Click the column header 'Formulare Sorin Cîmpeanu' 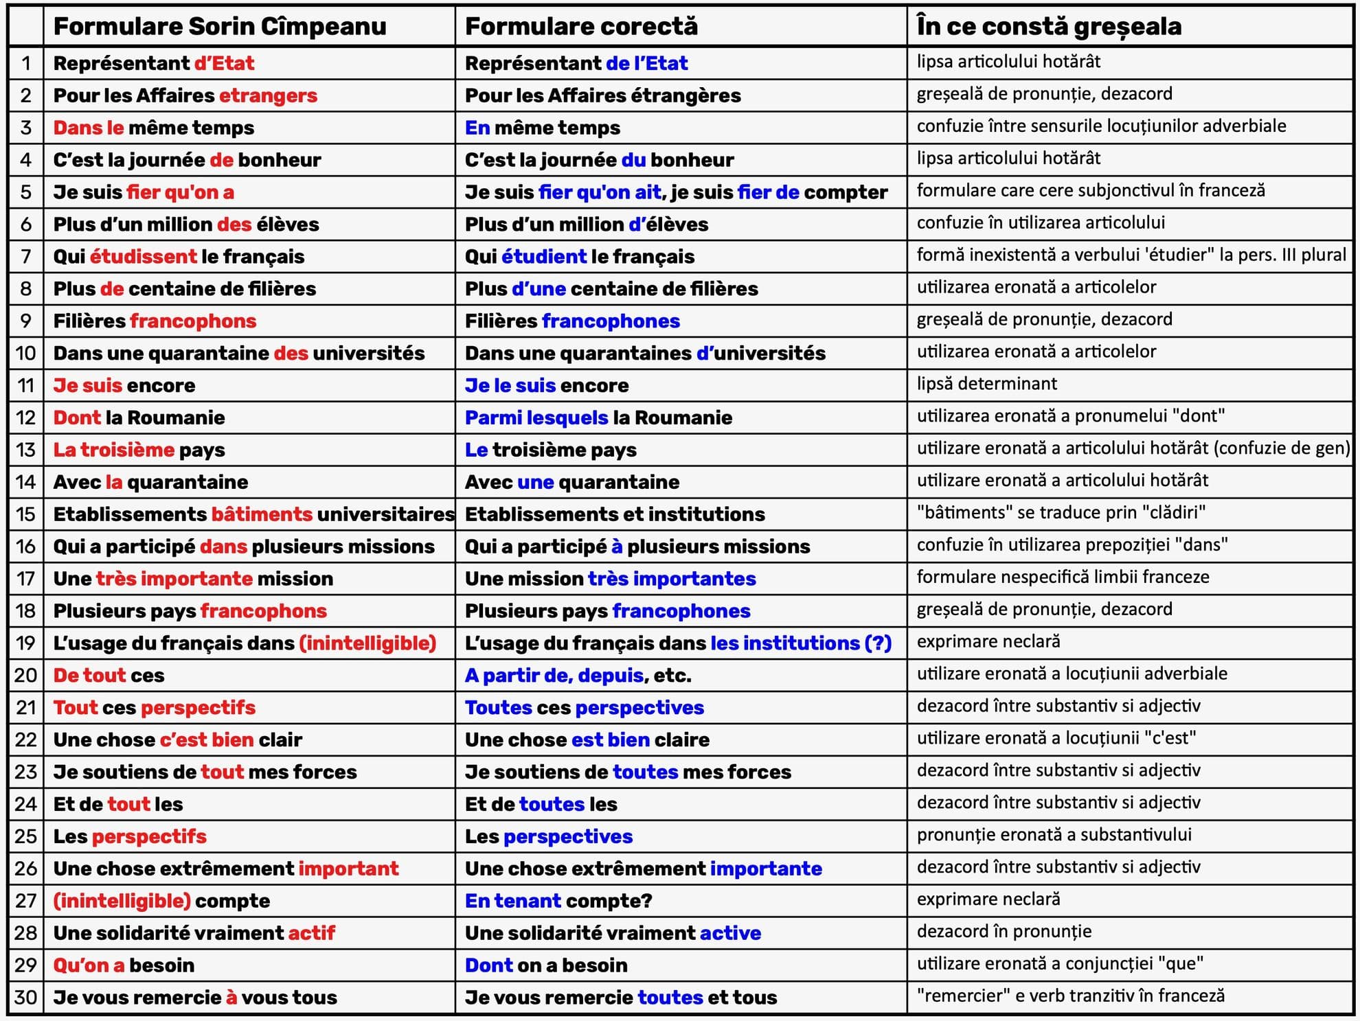click(x=220, y=27)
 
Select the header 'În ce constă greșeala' click(x=1049, y=27)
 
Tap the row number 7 click(x=26, y=257)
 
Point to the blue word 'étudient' click(x=544, y=257)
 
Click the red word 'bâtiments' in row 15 click(x=262, y=514)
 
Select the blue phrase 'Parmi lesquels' click(x=536, y=417)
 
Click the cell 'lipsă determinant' click(x=987, y=384)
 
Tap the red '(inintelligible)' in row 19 click(x=368, y=643)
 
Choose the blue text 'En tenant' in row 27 click(x=513, y=901)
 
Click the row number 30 click(x=26, y=997)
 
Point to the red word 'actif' click(x=312, y=933)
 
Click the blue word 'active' click(x=730, y=933)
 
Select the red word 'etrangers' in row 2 click(x=268, y=95)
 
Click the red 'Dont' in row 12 click(x=77, y=417)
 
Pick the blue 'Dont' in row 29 click(x=488, y=965)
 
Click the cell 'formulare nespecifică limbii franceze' click(x=1063, y=577)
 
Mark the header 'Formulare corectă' click(x=581, y=27)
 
